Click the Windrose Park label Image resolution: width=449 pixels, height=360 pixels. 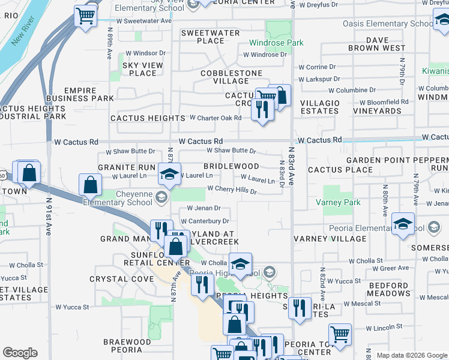tap(277, 43)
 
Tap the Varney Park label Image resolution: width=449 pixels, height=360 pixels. tap(342, 203)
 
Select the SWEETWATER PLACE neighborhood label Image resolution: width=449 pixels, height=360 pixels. tap(202, 37)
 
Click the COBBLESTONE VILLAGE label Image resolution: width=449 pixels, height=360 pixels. tap(231, 77)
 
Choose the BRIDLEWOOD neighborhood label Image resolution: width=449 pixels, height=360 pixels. tap(231, 166)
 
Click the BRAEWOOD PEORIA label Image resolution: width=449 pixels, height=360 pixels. tap(126, 346)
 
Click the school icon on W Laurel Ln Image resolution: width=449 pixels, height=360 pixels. tap(169, 174)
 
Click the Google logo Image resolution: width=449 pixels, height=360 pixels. tap(20, 352)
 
